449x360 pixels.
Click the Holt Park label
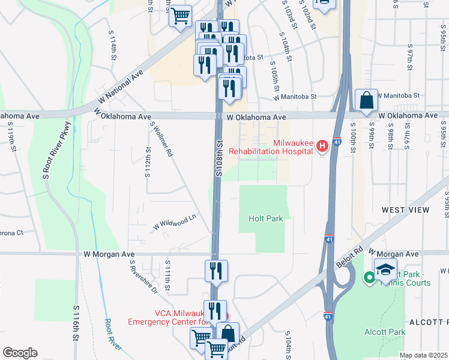(265, 219)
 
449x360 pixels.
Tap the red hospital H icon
(322, 145)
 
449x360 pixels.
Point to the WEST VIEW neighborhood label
(406, 210)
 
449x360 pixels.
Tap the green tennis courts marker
(370, 278)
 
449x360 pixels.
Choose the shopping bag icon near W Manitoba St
(366, 100)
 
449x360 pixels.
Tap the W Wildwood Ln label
(175, 222)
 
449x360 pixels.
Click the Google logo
(20, 353)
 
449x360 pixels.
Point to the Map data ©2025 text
(423, 355)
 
